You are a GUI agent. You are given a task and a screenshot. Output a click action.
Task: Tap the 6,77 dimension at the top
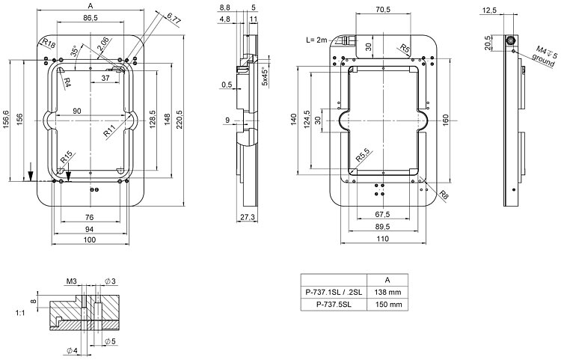(174, 17)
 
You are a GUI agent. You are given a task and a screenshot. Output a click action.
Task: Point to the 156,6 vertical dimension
(7, 119)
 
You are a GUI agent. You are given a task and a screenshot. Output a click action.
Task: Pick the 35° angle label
(73, 51)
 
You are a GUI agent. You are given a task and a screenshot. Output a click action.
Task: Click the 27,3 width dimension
(249, 217)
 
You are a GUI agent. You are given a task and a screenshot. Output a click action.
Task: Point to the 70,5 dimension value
(382, 10)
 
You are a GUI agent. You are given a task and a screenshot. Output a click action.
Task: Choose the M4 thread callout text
(543, 49)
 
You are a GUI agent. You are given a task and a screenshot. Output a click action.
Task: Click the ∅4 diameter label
(73, 350)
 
